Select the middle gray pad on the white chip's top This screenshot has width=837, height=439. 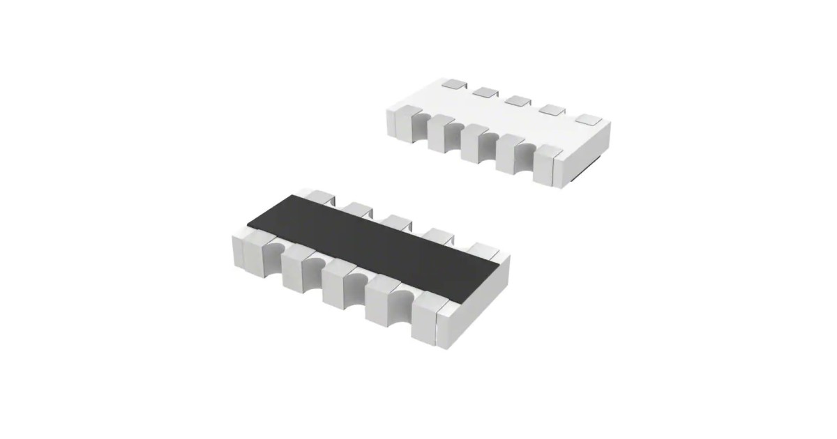518,100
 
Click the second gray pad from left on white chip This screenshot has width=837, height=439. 484,91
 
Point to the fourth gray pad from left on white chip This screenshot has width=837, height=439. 552,109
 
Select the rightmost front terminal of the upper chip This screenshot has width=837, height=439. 545,164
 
